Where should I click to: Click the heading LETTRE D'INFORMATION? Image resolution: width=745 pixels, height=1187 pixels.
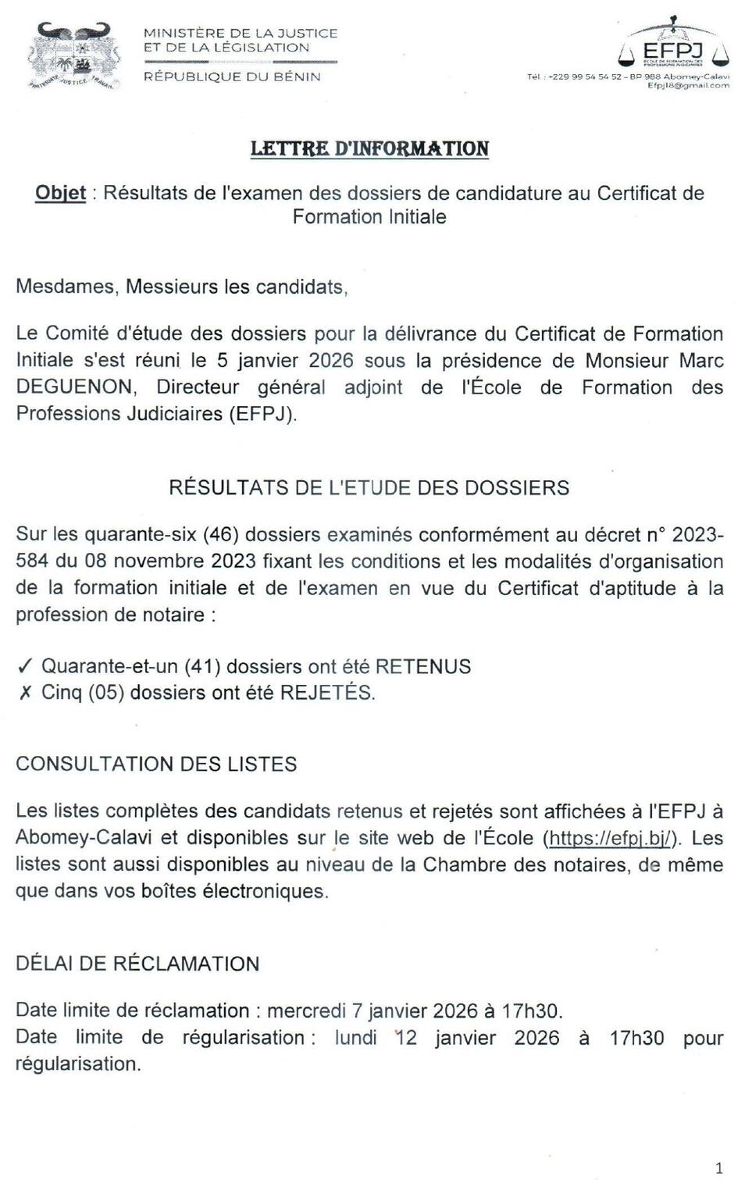[369, 149]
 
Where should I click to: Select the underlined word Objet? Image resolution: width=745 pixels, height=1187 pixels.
[60, 193]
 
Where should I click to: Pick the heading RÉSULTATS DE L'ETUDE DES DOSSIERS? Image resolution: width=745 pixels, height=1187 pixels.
[369, 488]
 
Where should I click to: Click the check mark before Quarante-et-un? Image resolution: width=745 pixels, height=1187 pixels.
[24, 667]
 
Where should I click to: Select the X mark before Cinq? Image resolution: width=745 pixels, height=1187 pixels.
[24, 693]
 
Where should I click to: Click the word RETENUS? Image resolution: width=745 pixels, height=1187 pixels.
[423, 667]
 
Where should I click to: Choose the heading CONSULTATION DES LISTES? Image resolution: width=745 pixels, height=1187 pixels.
[156, 764]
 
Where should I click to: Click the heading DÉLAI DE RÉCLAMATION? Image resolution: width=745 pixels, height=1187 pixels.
[137, 964]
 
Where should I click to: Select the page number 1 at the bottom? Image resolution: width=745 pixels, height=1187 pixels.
[718, 1168]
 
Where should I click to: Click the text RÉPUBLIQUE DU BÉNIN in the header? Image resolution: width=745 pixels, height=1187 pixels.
[232, 77]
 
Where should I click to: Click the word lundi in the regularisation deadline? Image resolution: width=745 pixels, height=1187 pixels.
[356, 1038]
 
